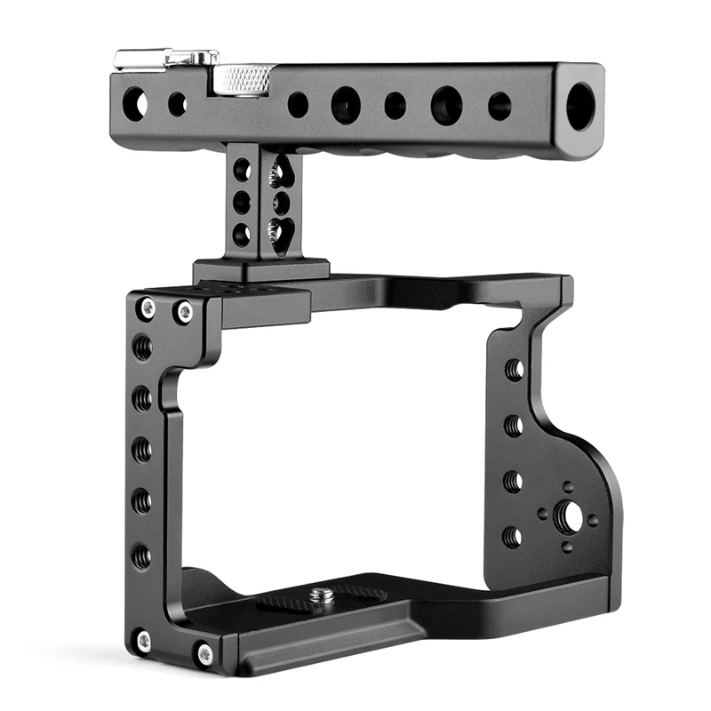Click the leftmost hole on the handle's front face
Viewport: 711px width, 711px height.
tap(136, 102)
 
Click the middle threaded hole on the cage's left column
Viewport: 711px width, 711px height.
tap(142, 451)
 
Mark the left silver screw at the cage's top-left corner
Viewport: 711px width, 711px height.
tap(148, 308)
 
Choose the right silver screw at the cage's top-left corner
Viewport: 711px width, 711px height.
tap(185, 311)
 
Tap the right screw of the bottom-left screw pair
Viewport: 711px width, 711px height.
tap(204, 653)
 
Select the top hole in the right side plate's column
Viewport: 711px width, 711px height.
tap(514, 369)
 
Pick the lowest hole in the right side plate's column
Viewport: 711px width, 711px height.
tap(511, 536)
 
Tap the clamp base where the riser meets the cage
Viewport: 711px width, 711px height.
tap(261, 270)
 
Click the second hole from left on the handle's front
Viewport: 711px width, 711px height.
tap(178, 104)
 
